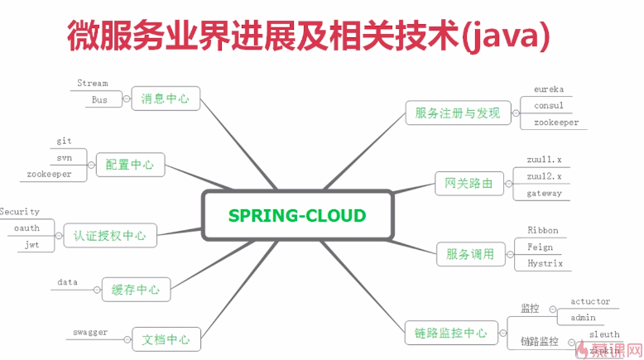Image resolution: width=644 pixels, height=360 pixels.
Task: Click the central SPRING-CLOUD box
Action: coord(297,215)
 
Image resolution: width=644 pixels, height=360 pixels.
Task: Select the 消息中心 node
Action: coord(166,98)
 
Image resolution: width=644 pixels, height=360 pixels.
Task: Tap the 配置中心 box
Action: coord(130,164)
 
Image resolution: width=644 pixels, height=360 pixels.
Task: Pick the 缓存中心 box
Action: coord(136,290)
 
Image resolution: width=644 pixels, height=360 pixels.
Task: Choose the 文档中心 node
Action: coord(166,338)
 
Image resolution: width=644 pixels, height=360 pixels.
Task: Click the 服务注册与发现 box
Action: coord(458,113)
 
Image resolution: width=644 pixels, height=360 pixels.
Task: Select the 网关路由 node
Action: coord(469,183)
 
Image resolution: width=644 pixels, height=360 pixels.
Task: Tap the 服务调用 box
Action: coord(470,254)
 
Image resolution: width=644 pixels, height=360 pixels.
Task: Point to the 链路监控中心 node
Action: coord(450,334)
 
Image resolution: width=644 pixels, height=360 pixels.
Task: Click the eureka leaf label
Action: coord(548,89)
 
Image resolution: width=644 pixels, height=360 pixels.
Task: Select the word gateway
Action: coord(544,193)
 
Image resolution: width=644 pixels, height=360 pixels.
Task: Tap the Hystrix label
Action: coord(545,263)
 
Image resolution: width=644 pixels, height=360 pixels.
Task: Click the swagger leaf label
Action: coord(90,332)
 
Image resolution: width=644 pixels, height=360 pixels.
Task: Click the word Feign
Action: coord(540,247)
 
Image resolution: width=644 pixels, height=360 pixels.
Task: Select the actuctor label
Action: coord(590,301)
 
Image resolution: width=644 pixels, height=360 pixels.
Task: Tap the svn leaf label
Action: coord(65,157)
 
